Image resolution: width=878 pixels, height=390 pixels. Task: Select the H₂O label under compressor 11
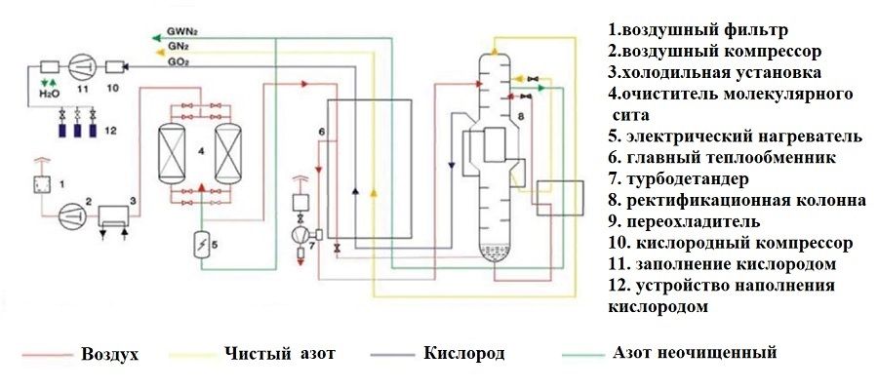(x=49, y=94)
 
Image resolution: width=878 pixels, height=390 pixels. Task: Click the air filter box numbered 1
(x=42, y=183)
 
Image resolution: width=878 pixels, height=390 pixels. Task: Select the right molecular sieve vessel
(x=228, y=151)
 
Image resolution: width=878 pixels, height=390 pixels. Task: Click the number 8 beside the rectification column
(x=521, y=116)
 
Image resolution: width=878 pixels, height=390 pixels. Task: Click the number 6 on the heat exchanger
(x=321, y=131)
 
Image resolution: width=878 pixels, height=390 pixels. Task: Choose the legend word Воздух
(x=110, y=354)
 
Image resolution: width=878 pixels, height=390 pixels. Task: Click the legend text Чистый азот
(x=279, y=353)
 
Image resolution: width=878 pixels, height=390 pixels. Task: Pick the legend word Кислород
(x=464, y=353)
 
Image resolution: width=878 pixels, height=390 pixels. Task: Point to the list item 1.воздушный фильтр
(x=690, y=30)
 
